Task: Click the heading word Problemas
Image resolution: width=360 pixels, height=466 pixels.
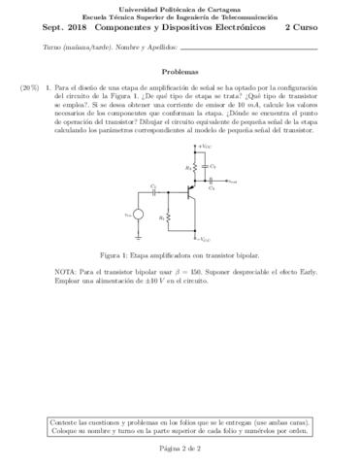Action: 180,71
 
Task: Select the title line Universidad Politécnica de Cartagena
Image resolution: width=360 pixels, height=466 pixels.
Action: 180,8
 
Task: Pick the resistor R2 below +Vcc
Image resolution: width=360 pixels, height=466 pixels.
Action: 194,167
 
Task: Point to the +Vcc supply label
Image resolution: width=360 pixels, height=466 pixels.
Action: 205,144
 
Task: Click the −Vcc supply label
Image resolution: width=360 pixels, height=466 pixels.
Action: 205,238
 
